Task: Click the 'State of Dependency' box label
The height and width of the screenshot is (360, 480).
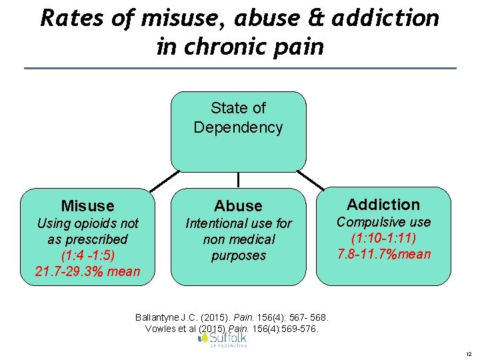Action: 238,117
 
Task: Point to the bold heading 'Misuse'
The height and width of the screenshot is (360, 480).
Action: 87,206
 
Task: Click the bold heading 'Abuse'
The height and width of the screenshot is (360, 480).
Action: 238,206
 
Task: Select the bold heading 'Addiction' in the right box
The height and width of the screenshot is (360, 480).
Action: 383,205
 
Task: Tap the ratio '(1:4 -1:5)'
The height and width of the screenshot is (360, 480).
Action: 87,255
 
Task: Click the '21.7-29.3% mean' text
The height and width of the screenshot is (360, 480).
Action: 87,271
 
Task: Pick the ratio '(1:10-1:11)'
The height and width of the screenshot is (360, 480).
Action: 383,238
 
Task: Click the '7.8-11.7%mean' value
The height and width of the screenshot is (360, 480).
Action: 383,254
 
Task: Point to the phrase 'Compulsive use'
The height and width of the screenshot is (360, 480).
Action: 383,222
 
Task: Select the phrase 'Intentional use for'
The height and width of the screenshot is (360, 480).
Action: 238,223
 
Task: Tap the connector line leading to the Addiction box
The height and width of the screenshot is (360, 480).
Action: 310,180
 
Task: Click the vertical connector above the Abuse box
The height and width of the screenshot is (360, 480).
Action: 239,181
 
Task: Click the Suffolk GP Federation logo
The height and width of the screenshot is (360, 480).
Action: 223,339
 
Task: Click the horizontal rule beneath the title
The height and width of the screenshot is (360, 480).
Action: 240,68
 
